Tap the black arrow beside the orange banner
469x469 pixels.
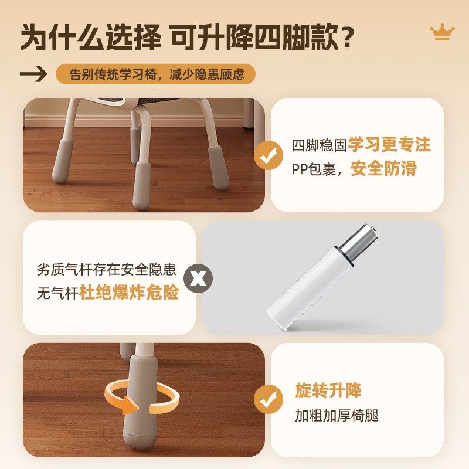point(33,74)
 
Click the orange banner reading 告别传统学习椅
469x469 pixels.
point(155,74)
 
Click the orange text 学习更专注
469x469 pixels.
point(389,145)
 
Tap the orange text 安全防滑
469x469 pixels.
point(383,169)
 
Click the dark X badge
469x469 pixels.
point(199,278)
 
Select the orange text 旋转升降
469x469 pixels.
point(328,390)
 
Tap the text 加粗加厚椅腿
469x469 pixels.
point(337,416)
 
